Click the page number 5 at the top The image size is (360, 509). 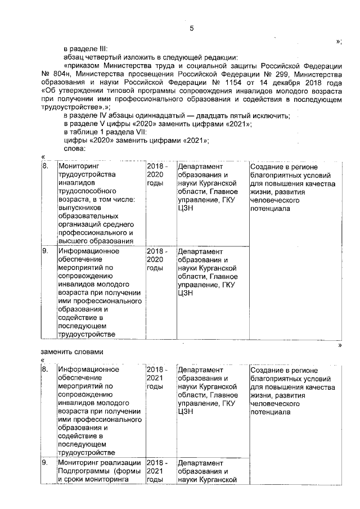pyautogui.click(x=192, y=29)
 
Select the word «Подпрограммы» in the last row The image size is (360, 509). pyautogui.click(x=83, y=471)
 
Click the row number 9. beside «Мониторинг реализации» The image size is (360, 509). pyautogui.click(x=46, y=463)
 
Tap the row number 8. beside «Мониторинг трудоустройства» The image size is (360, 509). pyautogui.click(x=46, y=166)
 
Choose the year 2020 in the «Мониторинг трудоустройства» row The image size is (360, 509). pyautogui.click(x=155, y=174)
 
